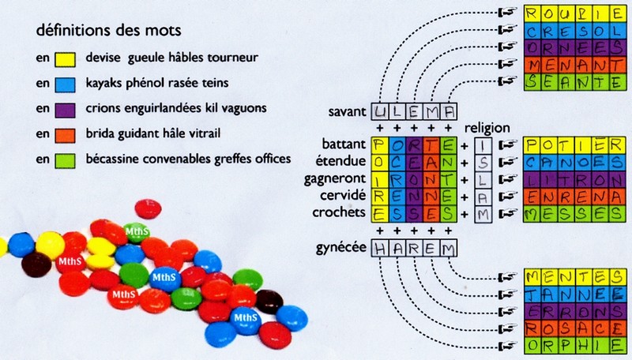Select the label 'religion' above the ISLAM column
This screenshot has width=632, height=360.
tap(488, 128)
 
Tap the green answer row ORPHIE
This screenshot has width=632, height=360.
tap(576, 345)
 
